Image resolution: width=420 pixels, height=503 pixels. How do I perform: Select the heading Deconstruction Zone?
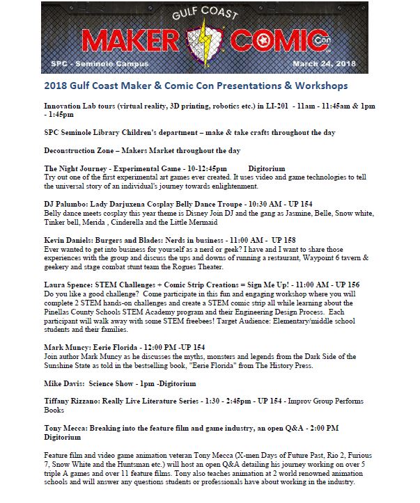(x=79, y=150)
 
